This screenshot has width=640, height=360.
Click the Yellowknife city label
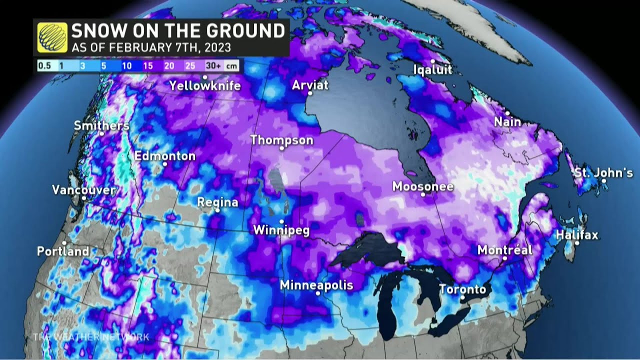205,85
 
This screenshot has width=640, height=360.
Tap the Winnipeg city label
281,230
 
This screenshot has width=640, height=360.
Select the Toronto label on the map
462,289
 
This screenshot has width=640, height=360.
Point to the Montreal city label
505,250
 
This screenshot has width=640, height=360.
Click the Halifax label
577,234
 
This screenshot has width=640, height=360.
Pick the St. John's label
603,173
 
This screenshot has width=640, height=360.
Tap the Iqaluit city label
433,69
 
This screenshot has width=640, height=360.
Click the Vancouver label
84,190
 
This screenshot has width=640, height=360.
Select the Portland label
63,251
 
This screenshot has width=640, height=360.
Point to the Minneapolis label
316,285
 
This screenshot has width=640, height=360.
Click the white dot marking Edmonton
164,164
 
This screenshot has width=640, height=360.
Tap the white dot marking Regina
217,210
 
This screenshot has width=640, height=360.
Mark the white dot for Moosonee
423,194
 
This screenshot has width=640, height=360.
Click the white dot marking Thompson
282,148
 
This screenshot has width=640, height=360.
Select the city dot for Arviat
310,93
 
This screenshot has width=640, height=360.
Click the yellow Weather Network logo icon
52,38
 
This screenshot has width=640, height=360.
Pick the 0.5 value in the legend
45,65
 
